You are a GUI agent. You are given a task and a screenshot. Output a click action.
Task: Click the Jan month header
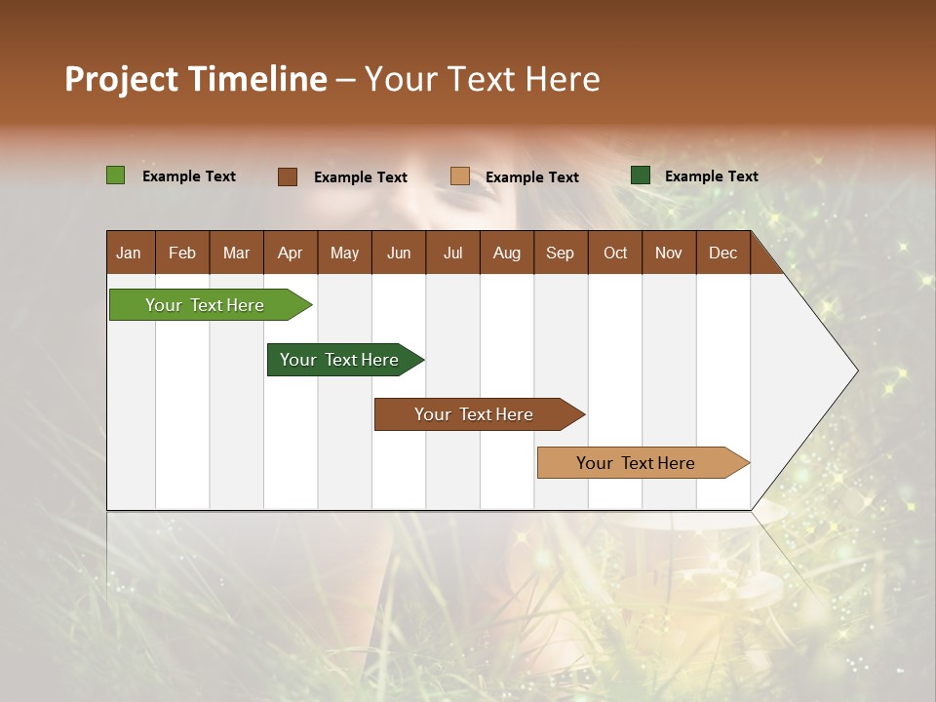tap(129, 253)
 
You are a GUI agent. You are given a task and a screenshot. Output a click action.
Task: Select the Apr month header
tap(290, 253)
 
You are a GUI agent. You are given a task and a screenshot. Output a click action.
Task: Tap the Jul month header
tap(452, 253)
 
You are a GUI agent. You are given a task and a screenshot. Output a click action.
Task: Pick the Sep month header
tap(560, 253)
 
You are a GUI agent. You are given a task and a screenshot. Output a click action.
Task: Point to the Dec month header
tap(722, 253)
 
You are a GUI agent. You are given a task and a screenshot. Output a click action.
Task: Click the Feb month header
tap(182, 253)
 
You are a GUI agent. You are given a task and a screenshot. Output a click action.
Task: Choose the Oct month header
tap(615, 253)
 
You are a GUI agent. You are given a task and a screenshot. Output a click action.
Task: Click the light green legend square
tap(115, 175)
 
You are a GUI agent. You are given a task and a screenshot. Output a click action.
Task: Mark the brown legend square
tap(287, 176)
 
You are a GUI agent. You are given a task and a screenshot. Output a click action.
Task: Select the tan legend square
tap(460, 176)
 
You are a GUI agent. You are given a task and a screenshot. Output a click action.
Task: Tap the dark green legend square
tap(641, 175)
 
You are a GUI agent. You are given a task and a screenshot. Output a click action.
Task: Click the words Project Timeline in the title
tap(196, 79)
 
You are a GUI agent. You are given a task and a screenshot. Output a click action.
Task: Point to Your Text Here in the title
tap(483, 79)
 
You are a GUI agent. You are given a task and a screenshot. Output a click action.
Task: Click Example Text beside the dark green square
tap(711, 176)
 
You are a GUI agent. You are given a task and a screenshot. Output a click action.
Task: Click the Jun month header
tap(399, 253)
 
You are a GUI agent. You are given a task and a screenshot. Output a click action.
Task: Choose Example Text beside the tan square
tap(531, 177)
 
